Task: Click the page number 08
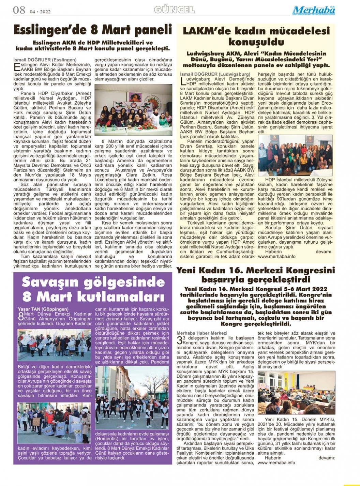(x=19, y=10)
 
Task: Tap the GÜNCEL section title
(x=174, y=10)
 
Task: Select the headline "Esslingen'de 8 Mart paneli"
(x=93, y=30)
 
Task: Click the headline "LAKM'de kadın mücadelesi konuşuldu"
(x=256, y=36)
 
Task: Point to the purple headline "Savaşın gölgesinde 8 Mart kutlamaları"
(x=93, y=289)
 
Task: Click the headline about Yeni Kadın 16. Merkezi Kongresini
(x=256, y=275)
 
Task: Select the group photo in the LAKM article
(x=295, y=156)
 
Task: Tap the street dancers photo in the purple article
(x=132, y=397)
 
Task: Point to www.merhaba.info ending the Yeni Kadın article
(x=276, y=462)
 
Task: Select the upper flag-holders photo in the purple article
(x=54, y=345)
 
